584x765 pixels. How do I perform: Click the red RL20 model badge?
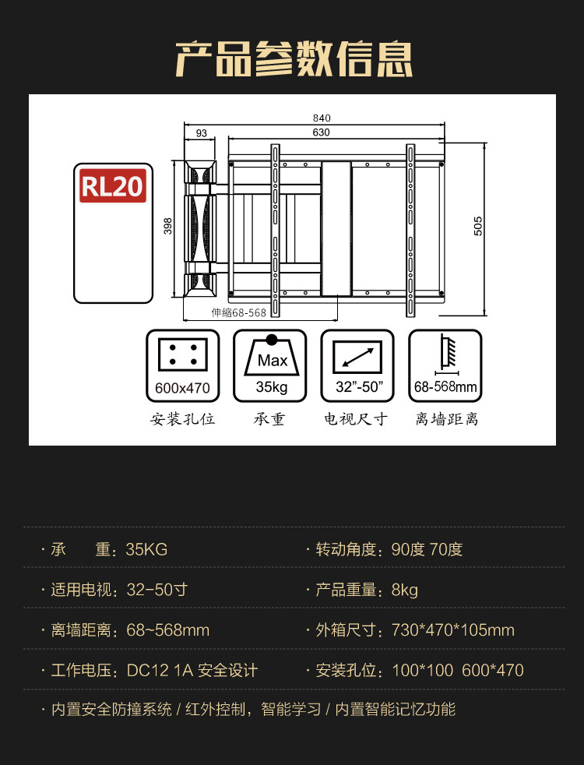click(x=113, y=187)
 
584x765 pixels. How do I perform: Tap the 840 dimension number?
click(x=312, y=118)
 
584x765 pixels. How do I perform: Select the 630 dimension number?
click(x=320, y=132)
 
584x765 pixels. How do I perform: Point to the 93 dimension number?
click(x=202, y=133)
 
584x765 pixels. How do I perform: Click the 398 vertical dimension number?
click(x=167, y=226)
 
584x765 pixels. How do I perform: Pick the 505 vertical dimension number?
click(x=478, y=226)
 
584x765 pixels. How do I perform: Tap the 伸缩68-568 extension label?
click(x=238, y=312)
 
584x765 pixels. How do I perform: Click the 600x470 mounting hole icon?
click(x=182, y=365)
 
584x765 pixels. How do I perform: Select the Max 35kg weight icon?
click(x=272, y=365)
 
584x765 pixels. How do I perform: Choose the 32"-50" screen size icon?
click(x=359, y=365)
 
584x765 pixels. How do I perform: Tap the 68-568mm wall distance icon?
click(x=445, y=365)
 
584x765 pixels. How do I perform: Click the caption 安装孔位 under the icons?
click(x=182, y=419)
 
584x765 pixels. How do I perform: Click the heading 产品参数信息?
click(x=294, y=59)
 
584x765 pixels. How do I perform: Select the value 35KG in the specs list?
click(x=146, y=549)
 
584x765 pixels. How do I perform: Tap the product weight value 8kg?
click(x=405, y=590)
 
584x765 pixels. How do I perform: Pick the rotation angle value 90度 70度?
click(x=427, y=549)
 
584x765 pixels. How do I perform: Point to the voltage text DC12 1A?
click(x=159, y=670)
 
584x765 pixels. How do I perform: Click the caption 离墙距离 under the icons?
click(x=446, y=419)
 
